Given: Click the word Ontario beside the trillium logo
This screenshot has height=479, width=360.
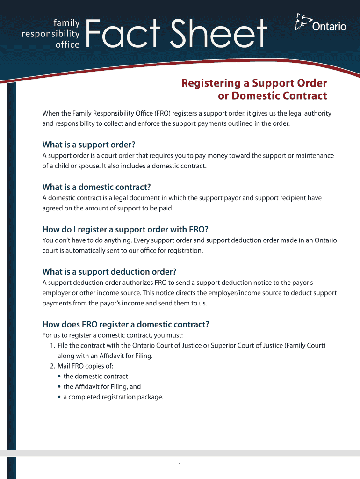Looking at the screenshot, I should pos(329,27).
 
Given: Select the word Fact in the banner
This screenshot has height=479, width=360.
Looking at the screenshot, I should pos(123,32).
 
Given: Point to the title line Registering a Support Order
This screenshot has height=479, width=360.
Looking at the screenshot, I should pos(254,83).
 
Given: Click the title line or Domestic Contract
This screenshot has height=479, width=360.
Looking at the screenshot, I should pos(273,96).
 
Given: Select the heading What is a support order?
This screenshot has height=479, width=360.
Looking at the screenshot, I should pos(92,145).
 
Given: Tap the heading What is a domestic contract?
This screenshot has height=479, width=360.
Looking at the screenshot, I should pos(97,187).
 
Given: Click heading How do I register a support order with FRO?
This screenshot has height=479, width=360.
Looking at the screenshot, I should pos(125,229).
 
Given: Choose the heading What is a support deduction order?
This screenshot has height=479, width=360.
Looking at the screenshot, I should pos(109,272).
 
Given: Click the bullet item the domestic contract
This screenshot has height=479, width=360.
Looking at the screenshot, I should pos(95,377).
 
